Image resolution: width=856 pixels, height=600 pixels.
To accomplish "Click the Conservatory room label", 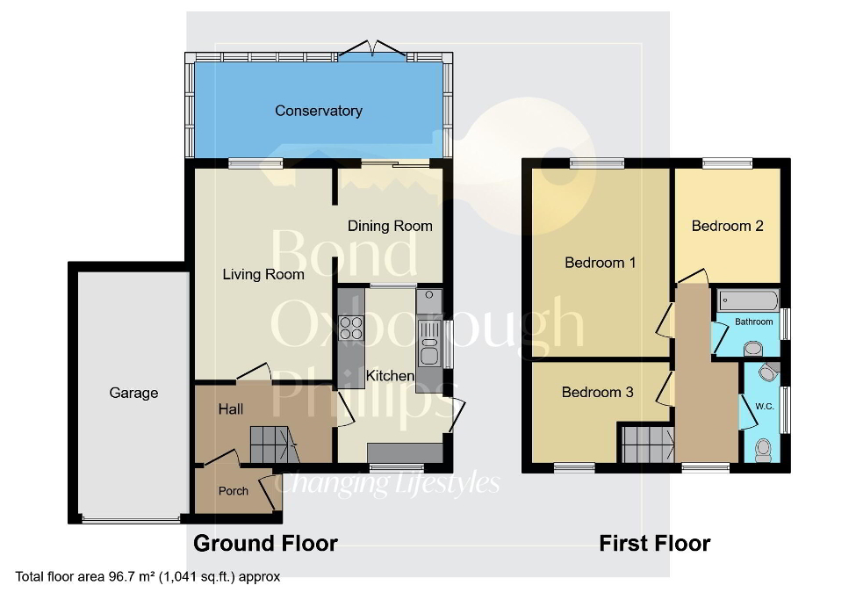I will pos(318,111).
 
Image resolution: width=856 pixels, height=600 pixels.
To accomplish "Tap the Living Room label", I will pos(263,274).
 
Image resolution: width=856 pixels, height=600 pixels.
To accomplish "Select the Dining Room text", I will pos(390,226).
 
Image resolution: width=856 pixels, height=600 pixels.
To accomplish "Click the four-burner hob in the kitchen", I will pos(352,327).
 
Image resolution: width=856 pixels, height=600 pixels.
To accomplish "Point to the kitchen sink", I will pos(429,343).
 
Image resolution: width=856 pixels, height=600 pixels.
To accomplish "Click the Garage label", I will pos(133,393).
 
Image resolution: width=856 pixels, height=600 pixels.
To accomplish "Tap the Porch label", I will pos(234,491).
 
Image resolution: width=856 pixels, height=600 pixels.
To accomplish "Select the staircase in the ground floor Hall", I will pos(273,445).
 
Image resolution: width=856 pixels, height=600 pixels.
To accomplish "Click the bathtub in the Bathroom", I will pos(748,301).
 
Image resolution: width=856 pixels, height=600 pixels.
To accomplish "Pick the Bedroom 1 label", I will pos(600,263).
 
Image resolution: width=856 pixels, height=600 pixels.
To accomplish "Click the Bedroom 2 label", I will pos(727,226).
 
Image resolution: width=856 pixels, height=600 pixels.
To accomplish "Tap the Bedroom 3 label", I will pos(597,392).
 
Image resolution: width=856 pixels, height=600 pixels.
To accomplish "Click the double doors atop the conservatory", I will pos(373,48).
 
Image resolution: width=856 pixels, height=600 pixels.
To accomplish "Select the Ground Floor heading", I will pos(265,543).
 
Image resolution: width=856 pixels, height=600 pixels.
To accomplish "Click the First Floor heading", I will pos(654,543).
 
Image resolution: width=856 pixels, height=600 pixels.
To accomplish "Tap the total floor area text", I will pos(147,577).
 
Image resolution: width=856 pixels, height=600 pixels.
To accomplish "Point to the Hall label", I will pos(231,409).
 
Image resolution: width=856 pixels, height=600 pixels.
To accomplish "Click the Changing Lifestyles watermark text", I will pos(390,483).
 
